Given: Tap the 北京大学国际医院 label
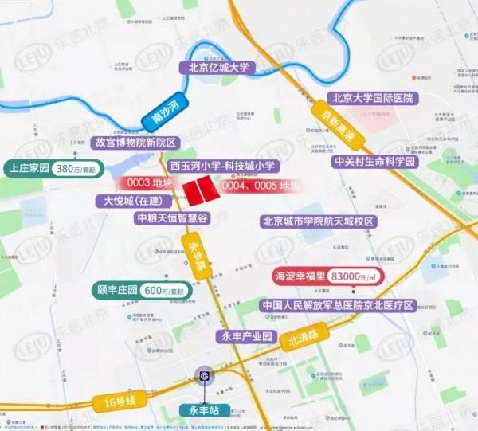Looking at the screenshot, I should coord(374,99).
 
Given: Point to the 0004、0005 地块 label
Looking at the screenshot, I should coord(259,186).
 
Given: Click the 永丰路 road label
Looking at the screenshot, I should coord(195,257).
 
